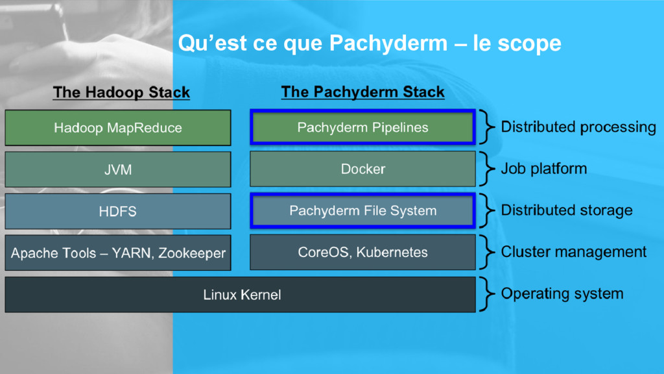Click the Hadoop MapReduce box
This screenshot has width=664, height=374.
pyautogui.click(x=117, y=127)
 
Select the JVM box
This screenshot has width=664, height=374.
pyautogui.click(x=117, y=169)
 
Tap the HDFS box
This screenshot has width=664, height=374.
pyautogui.click(x=117, y=211)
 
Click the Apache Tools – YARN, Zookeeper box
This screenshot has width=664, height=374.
pyautogui.click(x=117, y=253)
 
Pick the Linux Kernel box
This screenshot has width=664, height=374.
pyautogui.click(x=241, y=295)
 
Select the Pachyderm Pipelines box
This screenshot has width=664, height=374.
pyautogui.click(x=362, y=127)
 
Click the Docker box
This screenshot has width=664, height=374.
pyautogui.click(x=362, y=169)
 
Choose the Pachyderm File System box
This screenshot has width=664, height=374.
pyautogui.click(x=362, y=211)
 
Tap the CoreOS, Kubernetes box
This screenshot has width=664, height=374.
pyautogui.click(x=362, y=253)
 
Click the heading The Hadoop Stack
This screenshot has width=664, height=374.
pyautogui.click(x=121, y=92)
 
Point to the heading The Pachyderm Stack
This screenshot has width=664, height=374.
pyautogui.click(x=362, y=92)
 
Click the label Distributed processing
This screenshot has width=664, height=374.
pyautogui.click(x=578, y=127)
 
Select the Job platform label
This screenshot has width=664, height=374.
pyautogui.click(x=543, y=169)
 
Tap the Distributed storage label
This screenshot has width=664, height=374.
pyautogui.click(x=566, y=210)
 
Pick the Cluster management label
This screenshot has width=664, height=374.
pyautogui.click(x=573, y=252)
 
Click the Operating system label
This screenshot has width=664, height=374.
pyautogui.click(x=562, y=293)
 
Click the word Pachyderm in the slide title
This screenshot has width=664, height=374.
pyautogui.click(x=388, y=44)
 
